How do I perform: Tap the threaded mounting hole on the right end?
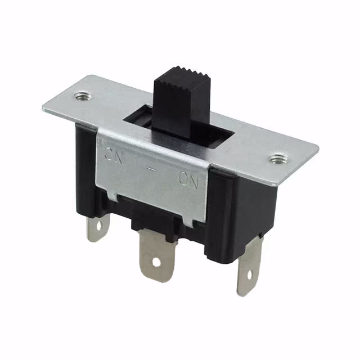click(x=276, y=159)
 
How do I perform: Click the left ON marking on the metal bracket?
click(x=114, y=152)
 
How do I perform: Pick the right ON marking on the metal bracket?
click(x=189, y=179)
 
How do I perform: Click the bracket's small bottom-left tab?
click(x=111, y=197)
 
